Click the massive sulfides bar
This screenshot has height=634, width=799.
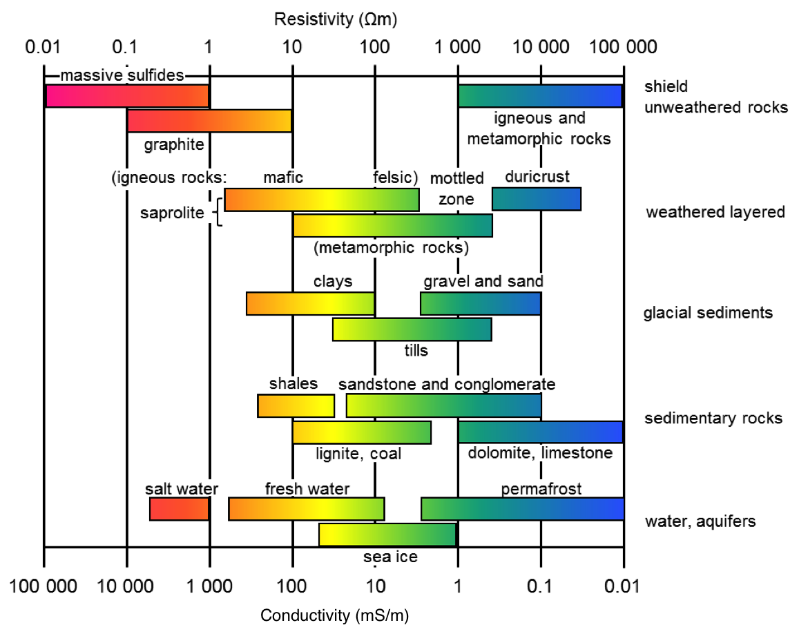127,96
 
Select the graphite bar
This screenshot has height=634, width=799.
209,121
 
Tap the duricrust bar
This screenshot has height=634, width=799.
536,199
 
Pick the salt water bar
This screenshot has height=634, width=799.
180,509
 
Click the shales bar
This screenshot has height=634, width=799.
296,405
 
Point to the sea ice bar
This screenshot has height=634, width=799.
387,535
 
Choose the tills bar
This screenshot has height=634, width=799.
412,329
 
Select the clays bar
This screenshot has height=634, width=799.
310,304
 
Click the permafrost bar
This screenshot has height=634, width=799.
522,509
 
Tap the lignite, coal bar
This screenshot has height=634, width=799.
361,432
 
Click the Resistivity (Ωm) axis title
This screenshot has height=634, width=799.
336,19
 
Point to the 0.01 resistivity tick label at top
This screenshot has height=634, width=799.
43,48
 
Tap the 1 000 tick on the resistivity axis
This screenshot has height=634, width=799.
458,48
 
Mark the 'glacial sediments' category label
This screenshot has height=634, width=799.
708,313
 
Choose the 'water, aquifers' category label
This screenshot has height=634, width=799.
700,521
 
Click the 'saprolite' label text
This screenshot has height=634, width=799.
172,213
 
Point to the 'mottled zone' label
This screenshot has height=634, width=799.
456,189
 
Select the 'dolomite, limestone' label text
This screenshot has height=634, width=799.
540,453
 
